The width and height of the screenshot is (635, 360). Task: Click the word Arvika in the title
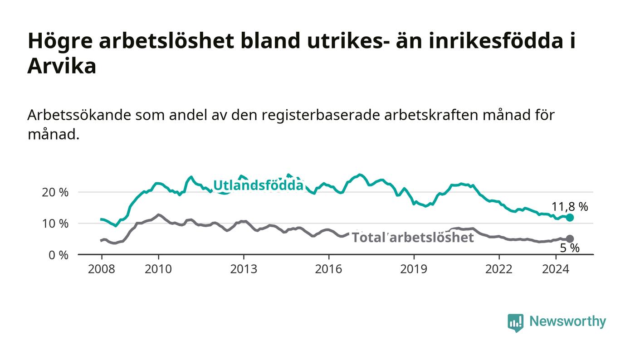point(62,66)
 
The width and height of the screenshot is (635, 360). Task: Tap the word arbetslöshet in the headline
point(166,41)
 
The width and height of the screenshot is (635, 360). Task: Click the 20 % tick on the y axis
point(55,193)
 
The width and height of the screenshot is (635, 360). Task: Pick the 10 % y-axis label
point(55,224)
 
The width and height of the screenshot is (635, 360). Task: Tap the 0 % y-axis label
point(59,255)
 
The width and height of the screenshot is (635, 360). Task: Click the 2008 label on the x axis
point(102,269)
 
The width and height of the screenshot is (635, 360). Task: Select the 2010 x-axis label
point(158,269)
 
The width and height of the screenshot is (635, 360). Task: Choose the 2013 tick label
point(244,269)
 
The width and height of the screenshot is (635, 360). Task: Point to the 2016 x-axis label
point(328,269)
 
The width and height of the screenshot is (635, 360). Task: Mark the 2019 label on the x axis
point(414,269)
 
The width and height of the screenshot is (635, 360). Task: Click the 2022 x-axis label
point(498,269)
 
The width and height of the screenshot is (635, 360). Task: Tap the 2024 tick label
point(556,269)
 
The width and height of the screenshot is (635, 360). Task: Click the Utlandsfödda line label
point(258,185)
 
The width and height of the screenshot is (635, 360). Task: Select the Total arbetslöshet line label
point(413,238)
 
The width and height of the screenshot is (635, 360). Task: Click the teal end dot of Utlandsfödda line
point(570,218)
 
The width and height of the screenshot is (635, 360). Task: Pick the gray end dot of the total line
point(570,238)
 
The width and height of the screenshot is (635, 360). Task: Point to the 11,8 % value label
point(570,207)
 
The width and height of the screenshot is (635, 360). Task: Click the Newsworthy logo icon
point(516,323)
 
